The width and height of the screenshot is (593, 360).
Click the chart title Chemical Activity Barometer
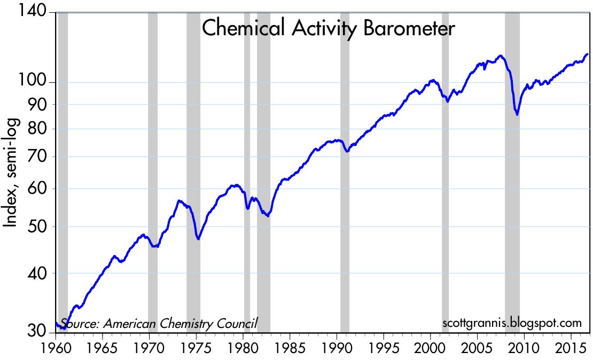[328, 28]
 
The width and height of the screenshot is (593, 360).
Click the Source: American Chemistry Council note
[159, 323]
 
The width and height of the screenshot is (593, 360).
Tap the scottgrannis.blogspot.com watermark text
[512, 323]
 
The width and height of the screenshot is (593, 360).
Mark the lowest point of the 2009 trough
[517, 114]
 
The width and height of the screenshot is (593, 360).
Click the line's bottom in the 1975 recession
[198, 239]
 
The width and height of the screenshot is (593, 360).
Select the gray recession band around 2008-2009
[512, 171]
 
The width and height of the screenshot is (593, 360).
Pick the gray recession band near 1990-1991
[345, 171]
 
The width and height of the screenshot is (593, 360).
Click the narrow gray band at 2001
[445, 171]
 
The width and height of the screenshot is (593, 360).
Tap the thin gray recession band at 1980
[247, 171]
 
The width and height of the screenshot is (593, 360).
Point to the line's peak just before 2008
[500, 55]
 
